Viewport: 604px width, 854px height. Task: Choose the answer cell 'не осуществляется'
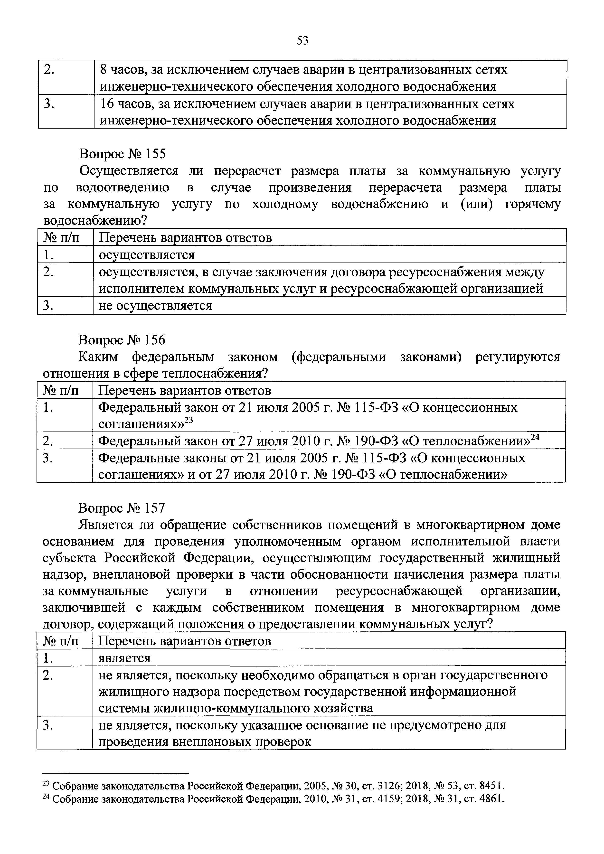click(x=155, y=306)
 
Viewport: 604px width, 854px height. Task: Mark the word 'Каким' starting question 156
click(x=98, y=357)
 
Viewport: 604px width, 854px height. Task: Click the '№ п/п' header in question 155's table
click(x=62, y=238)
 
